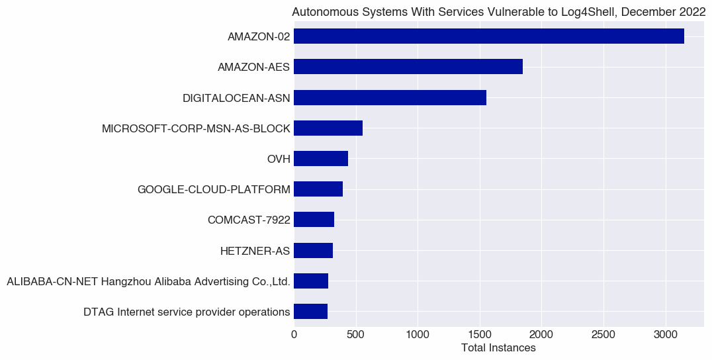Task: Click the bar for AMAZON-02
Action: [488, 36]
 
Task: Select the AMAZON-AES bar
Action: [408, 67]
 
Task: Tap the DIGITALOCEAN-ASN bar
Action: [390, 97]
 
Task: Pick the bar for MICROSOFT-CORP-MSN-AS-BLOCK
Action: [328, 128]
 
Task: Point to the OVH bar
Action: [321, 159]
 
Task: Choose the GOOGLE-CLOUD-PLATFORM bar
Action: [318, 189]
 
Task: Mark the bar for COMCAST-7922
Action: [314, 220]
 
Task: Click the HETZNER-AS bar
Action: [313, 250]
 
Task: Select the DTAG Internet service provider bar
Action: [310, 312]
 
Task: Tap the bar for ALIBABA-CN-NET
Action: [311, 281]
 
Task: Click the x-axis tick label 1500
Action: [480, 336]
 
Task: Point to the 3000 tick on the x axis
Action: [666, 336]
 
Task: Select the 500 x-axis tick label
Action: [356, 336]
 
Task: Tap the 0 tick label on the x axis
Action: [294, 336]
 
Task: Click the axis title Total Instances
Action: [498, 348]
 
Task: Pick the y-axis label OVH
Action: [278, 159]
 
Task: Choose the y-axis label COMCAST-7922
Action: [249, 220]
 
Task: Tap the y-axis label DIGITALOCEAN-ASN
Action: [236, 98]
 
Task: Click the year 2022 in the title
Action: [692, 12]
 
